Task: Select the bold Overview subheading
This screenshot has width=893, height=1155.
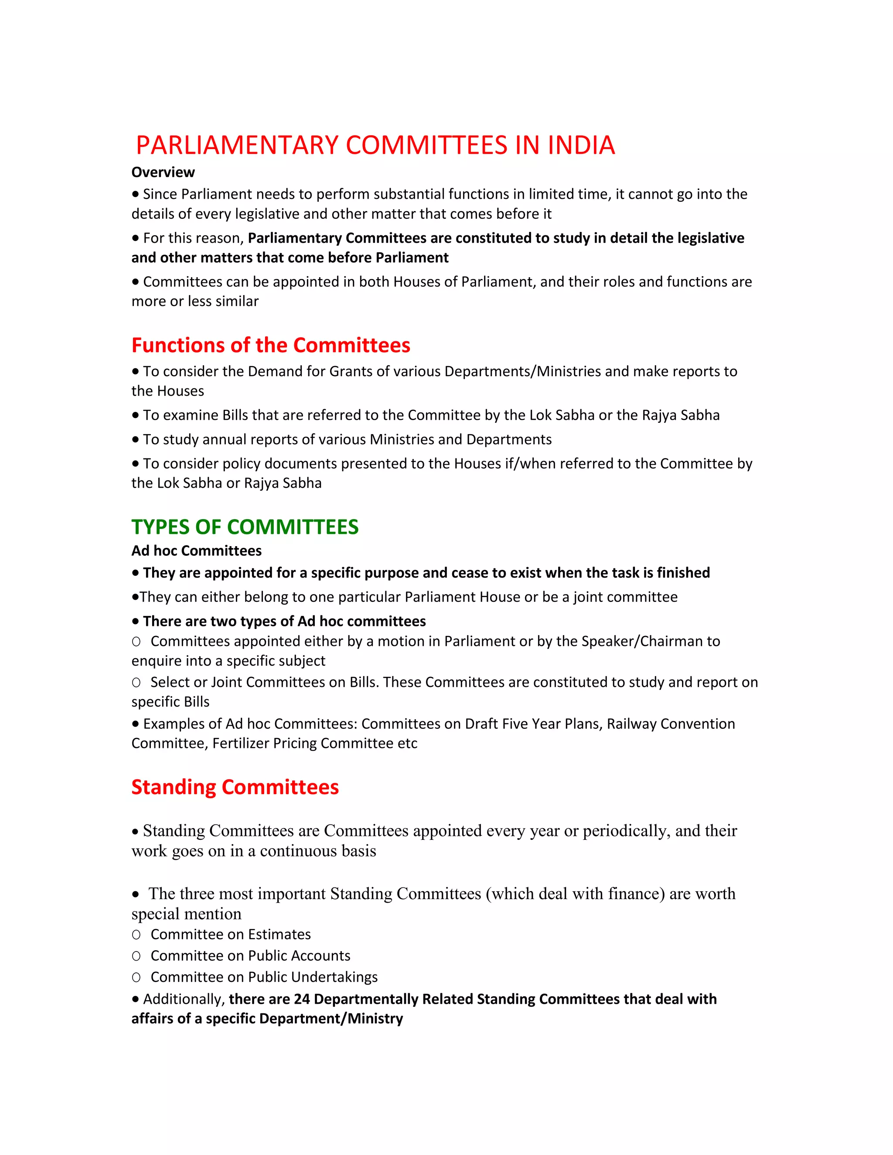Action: (163, 173)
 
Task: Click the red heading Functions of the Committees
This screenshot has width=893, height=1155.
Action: (270, 345)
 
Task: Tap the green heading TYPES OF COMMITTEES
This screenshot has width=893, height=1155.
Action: (245, 527)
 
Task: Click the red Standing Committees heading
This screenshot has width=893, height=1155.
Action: (235, 787)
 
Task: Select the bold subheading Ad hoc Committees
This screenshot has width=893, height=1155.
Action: (196, 551)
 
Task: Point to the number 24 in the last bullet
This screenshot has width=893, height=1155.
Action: (302, 999)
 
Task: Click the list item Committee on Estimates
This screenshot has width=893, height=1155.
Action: (231, 934)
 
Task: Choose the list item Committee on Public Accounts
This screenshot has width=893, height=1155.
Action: (250, 956)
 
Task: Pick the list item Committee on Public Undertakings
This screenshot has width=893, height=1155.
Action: (264, 977)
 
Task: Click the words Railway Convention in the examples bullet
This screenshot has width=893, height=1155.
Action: (671, 724)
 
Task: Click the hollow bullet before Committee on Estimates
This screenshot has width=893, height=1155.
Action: (136, 935)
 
